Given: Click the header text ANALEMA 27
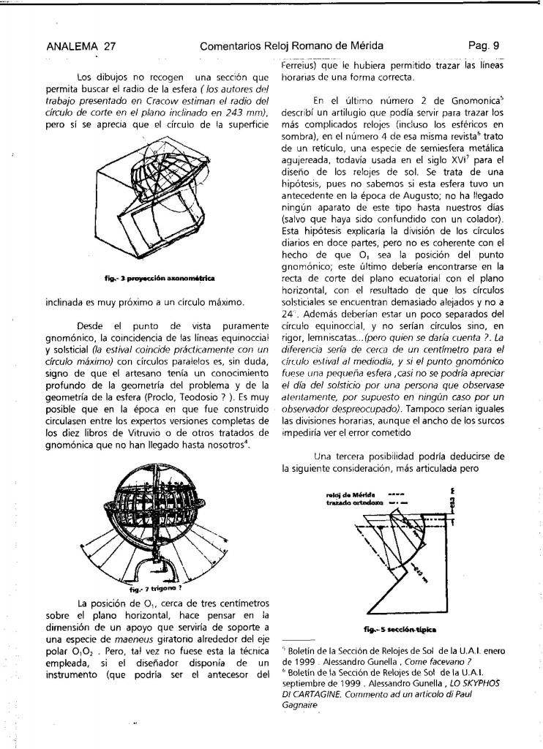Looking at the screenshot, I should pyautogui.click(x=80, y=46).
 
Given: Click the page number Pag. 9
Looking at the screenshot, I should pyautogui.click(x=484, y=46).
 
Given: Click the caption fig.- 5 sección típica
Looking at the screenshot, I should pyautogui.click(x=391, y=628).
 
